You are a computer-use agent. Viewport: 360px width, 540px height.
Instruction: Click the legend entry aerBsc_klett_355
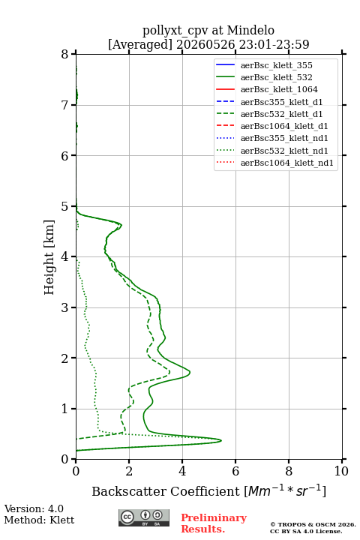(264, 65)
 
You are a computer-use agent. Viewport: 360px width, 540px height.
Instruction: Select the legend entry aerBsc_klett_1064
(267, 89)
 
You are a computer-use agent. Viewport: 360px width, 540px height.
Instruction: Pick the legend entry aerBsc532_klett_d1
(269, 114)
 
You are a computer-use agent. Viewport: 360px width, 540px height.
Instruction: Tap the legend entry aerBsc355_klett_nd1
(271, 139)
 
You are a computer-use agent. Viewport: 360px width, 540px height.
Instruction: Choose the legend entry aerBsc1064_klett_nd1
(274, 163)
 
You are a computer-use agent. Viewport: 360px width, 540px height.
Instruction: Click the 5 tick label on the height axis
(64, 206)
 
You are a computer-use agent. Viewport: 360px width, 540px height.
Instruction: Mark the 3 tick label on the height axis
(64, 307)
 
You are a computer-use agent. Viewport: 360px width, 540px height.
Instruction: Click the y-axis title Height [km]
(49, 257)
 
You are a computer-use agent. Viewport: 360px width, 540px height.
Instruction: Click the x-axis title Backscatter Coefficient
(165, 491)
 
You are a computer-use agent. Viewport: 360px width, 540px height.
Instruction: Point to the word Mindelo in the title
(250, 31)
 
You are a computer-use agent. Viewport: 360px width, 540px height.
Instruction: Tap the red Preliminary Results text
(214, 523)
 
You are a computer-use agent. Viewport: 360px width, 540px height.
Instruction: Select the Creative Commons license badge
(144, 517)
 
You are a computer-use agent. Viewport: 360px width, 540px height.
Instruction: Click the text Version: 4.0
(34, 508)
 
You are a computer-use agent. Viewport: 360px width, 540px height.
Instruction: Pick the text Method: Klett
(39, 520)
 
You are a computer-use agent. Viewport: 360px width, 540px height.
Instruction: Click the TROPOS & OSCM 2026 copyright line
(313, 524)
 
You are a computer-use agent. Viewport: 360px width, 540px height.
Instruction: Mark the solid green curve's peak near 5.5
(221, 440)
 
